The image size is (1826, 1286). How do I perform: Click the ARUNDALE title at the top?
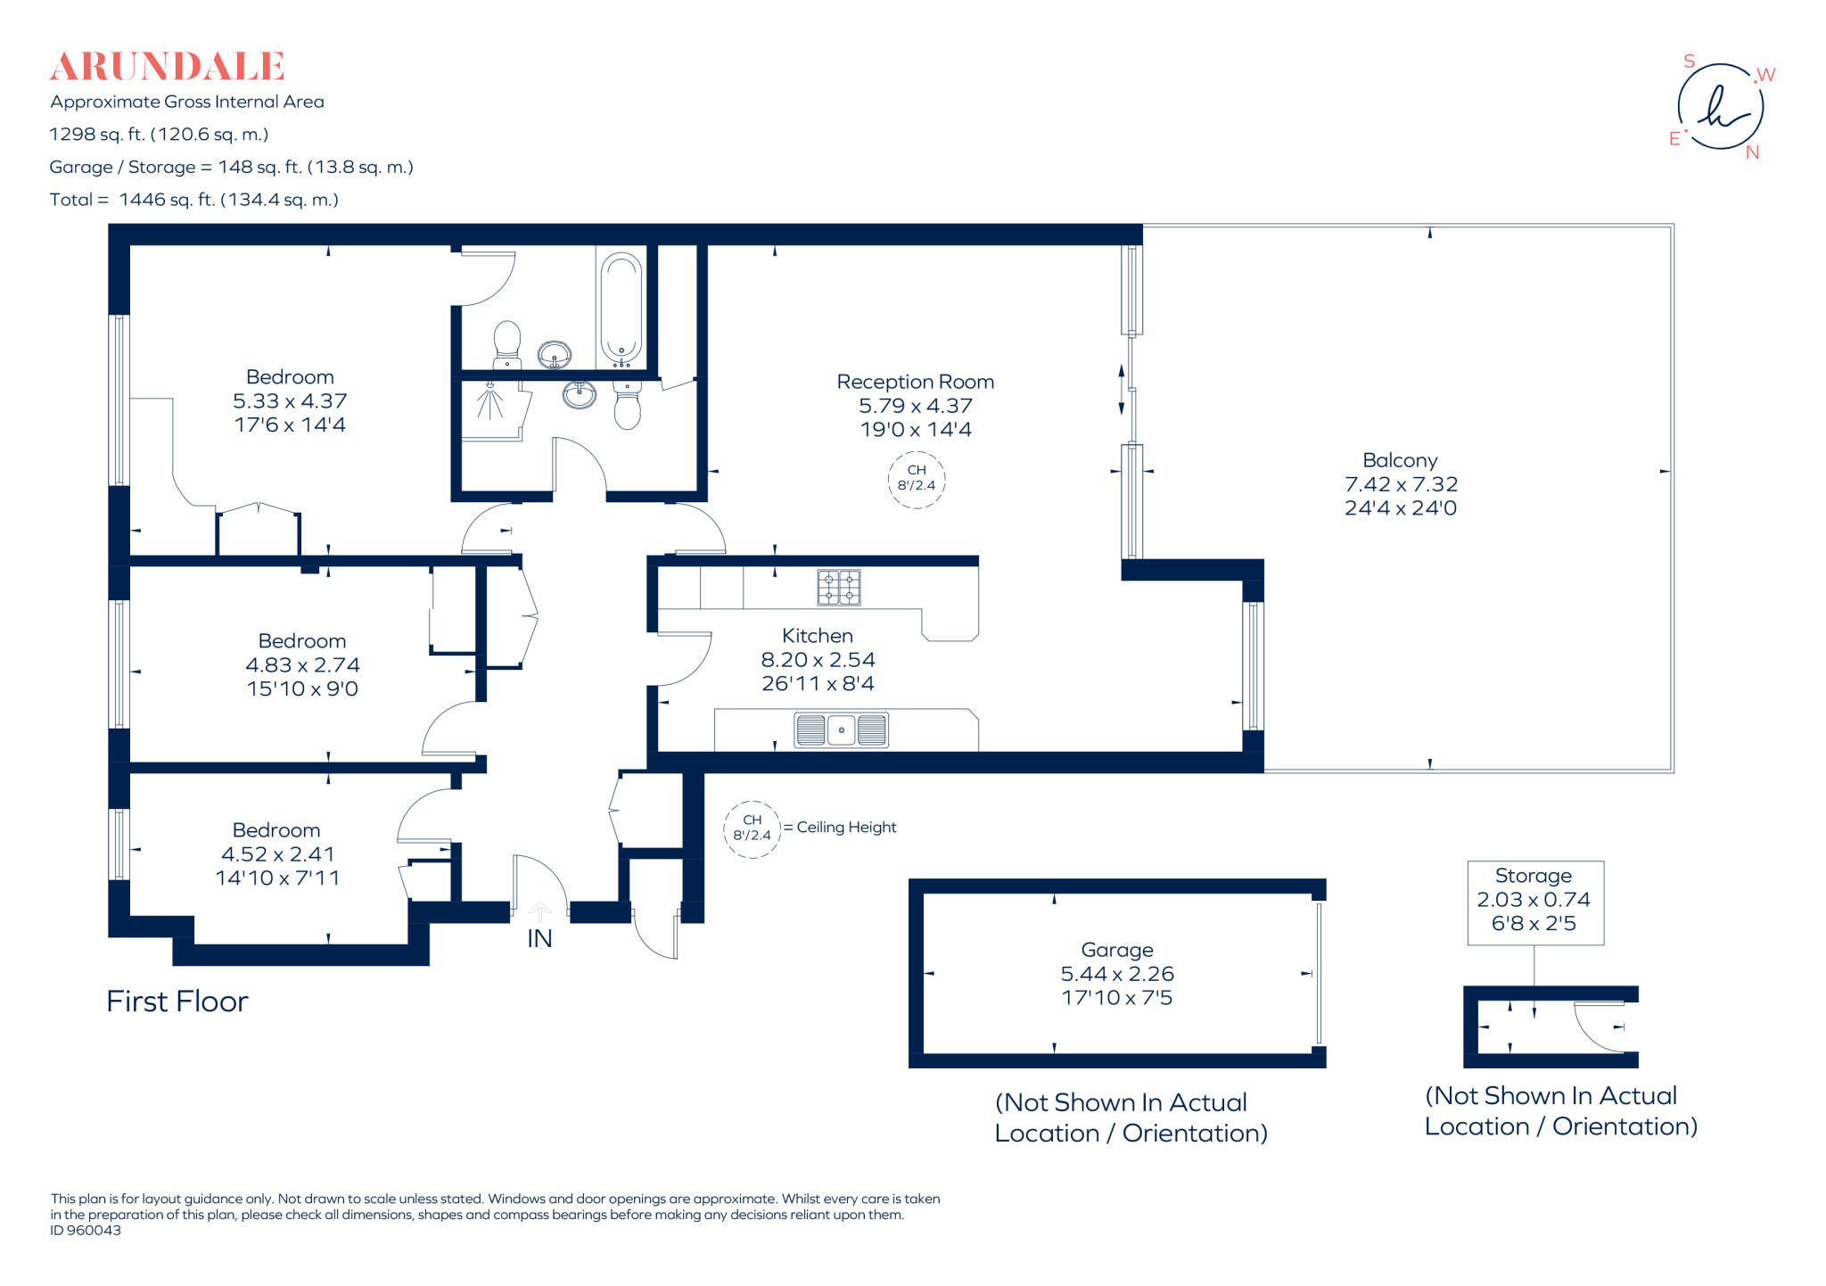coord(167,66)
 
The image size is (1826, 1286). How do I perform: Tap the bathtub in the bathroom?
coord(621,308)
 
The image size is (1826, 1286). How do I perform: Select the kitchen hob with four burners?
coord(838,588)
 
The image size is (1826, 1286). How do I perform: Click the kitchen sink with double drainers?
coord(841,730)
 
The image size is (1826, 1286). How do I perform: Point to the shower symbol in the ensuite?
coord(489,400)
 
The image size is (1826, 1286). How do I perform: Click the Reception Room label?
coord(915,382)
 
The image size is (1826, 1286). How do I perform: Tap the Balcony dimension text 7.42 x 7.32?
coord(1401,484)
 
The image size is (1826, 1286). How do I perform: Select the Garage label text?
coord(1116,950)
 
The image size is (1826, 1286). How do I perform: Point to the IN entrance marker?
coord(539,938)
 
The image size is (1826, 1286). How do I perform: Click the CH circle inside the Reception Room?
coord(916,479)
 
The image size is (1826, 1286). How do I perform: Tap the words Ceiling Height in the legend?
coord(846,828)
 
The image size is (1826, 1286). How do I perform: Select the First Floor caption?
coord(177,1002)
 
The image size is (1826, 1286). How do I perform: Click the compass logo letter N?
coord(1752,153)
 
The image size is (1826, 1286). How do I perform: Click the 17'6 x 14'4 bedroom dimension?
coord(290,425)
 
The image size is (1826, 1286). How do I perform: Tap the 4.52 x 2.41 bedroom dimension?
coord(277,854)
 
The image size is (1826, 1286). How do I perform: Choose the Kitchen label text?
coord(817,636)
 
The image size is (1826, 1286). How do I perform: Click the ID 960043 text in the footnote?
coord(86,1231)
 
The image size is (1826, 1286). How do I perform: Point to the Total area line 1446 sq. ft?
coord(194,200)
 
